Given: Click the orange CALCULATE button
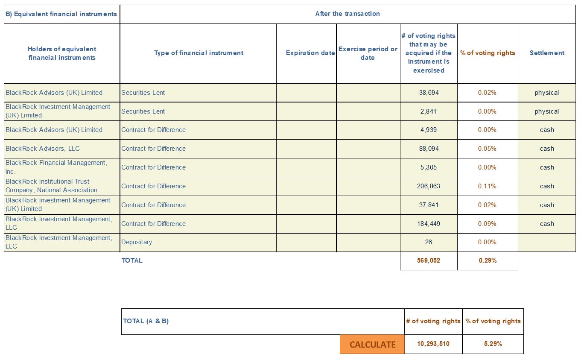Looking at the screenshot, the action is pyautogui.click(x=372, y=344).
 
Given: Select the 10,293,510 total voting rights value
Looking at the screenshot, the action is pyautogui.click(x=433, y=344).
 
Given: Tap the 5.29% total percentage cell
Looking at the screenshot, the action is pyautogui.click(x=493, y=344).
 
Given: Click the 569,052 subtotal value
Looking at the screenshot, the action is pyautogui.click(x=429, y=260).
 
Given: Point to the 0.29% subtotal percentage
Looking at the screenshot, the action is pyautogui.click(x=488, y=260).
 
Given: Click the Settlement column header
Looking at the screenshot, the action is pyautogui.click(x=547, y=53).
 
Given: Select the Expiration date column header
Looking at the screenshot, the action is pyautogui.click(x=310, y=53).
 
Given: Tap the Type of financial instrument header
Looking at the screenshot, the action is pyautogui.click(x=199, y=53).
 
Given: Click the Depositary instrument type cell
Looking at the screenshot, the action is pyautogui.click(x=137, y=242).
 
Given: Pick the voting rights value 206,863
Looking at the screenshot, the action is pyautogui.click(x=429, y=186).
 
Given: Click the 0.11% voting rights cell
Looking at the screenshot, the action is pyautogui.click(x=487, y=186).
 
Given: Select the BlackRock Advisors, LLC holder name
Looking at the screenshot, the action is pyautogui.click(x=43, y=149).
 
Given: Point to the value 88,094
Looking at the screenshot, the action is pyautogui.click(x=429, y=149).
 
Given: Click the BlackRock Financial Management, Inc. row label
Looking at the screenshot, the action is pyautogui.click(x=56, y=167).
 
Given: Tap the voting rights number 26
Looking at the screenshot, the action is pyautogui.click(x=429, y=242).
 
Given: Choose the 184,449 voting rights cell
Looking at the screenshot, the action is pyautogui.click(x=429, y=224).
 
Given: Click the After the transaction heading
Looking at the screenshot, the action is pyautogui.click(x=347, y=14).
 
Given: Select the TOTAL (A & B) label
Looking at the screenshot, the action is pyautogui.click(x=146, y=321).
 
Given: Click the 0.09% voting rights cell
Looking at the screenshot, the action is pyautogui.click(x=487, y=224).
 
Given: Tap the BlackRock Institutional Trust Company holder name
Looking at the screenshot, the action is pyautogui.click(x=51, y=186).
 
